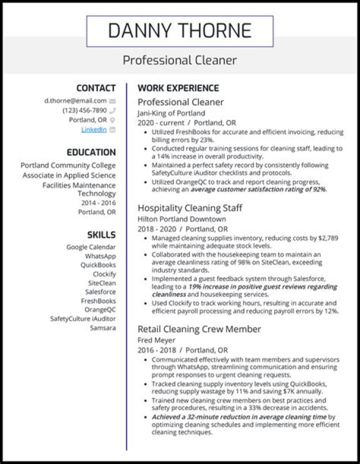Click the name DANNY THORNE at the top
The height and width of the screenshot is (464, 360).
click(180, 31)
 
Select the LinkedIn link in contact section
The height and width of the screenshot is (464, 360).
click(94, 129)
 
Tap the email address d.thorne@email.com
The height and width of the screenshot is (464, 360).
click(75, 100)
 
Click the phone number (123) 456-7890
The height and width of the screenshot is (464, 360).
click(84, 110)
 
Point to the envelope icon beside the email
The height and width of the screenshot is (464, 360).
click(112, 101)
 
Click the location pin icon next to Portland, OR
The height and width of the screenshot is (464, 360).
click(112, 120)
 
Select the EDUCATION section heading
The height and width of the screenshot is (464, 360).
click(91, 152)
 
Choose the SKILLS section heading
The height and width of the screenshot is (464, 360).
click(101, 234)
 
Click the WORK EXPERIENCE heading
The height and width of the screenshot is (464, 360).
click(178, 88)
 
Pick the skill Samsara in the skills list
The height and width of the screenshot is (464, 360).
click(102, 328)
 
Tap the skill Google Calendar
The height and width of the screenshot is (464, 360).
click(91, 247)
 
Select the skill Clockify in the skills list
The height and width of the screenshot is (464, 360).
click(104, 274)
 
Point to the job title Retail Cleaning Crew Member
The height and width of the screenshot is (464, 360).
click(199, 329)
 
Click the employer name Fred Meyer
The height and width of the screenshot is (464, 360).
click(154, 340)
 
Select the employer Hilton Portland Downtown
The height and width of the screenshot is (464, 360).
click(181, 219)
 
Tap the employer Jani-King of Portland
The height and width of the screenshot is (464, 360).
click(171, 113)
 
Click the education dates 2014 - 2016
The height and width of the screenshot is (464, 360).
click(98, 202)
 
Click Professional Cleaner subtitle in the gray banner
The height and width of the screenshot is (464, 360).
click(180, 60)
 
